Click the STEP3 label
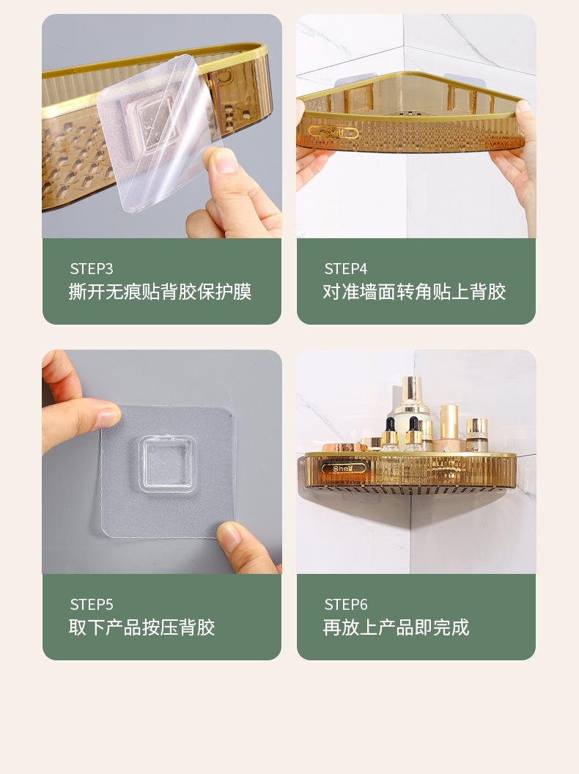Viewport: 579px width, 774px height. click(x=92, y=269)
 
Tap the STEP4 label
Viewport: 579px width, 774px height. click(x=345, y=269)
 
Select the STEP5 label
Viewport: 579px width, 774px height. click(x=92, y=605)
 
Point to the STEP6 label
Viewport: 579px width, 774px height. click(x=345, y=605)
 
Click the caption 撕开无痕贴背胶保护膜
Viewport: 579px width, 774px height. click(x=160, y=292)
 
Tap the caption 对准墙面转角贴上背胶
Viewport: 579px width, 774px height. click(x=414, y=292)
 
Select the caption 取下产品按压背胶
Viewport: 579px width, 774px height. click(x=141, y=627)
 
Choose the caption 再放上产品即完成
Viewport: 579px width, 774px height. click(x=396, y=627)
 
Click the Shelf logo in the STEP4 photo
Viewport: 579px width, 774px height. click(x=333, y=132)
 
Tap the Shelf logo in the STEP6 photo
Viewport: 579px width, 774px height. click(x=343, y=468)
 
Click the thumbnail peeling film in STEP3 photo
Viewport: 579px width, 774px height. click(x=224, y=161)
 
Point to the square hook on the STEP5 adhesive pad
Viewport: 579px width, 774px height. click(x=167, y=464)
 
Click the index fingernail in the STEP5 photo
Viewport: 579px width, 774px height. click(x=108, y=418)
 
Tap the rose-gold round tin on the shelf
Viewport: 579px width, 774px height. click(x=344, y=447)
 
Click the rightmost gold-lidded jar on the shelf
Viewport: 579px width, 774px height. click(x=476, y=435)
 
